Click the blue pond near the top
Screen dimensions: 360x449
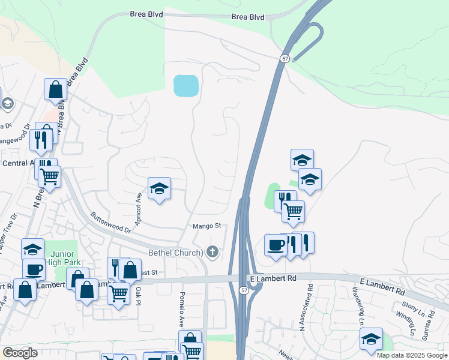(x=185, y=86)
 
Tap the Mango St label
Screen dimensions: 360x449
(x=207, y=226)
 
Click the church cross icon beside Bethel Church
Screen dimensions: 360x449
(x=212, y=252)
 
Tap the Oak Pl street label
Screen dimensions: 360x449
(x=138, y=295)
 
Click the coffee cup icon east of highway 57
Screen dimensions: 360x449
(x=276, y=245)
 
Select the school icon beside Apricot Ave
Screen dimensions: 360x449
(x=159, y=188)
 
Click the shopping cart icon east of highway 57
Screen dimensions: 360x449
(x=293, y=211)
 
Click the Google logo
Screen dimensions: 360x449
(x=20, y=353)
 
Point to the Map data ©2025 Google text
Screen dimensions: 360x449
(x=412, y=355)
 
